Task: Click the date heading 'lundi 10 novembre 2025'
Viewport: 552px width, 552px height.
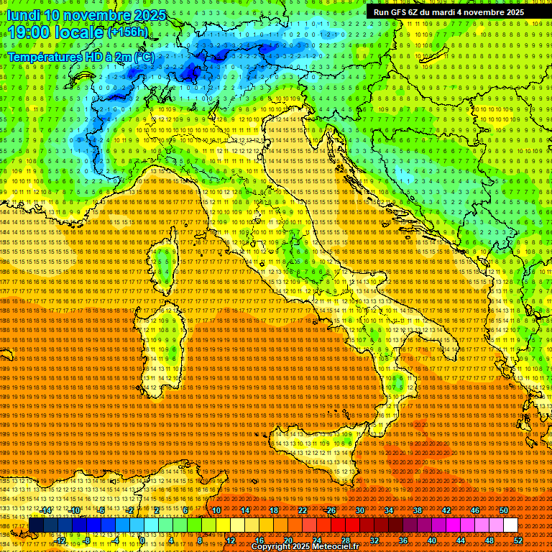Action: [86, 15]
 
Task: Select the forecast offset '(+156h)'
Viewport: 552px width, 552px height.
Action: [128, 32]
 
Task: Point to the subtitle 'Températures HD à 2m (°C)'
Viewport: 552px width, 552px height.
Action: [80, 56]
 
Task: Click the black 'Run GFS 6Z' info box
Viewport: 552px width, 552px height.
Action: [448, 12]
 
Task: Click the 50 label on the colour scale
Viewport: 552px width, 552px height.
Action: [504, 510]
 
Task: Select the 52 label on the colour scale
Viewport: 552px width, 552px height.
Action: [517, 540]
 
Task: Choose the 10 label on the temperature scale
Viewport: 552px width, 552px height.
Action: [216, 510]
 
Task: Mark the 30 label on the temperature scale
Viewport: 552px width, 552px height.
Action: [360, 510]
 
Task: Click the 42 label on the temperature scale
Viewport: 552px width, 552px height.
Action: [446, 510]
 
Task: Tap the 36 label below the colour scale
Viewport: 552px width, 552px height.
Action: [402, 540]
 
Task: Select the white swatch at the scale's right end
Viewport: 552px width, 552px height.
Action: [510, 525]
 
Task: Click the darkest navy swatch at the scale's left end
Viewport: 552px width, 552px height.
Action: [36, 525]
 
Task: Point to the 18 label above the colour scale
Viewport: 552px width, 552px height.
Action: [274, 510]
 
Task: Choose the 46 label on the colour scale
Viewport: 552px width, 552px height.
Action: [475, 510]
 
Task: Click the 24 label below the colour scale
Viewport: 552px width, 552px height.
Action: [316, 540]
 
